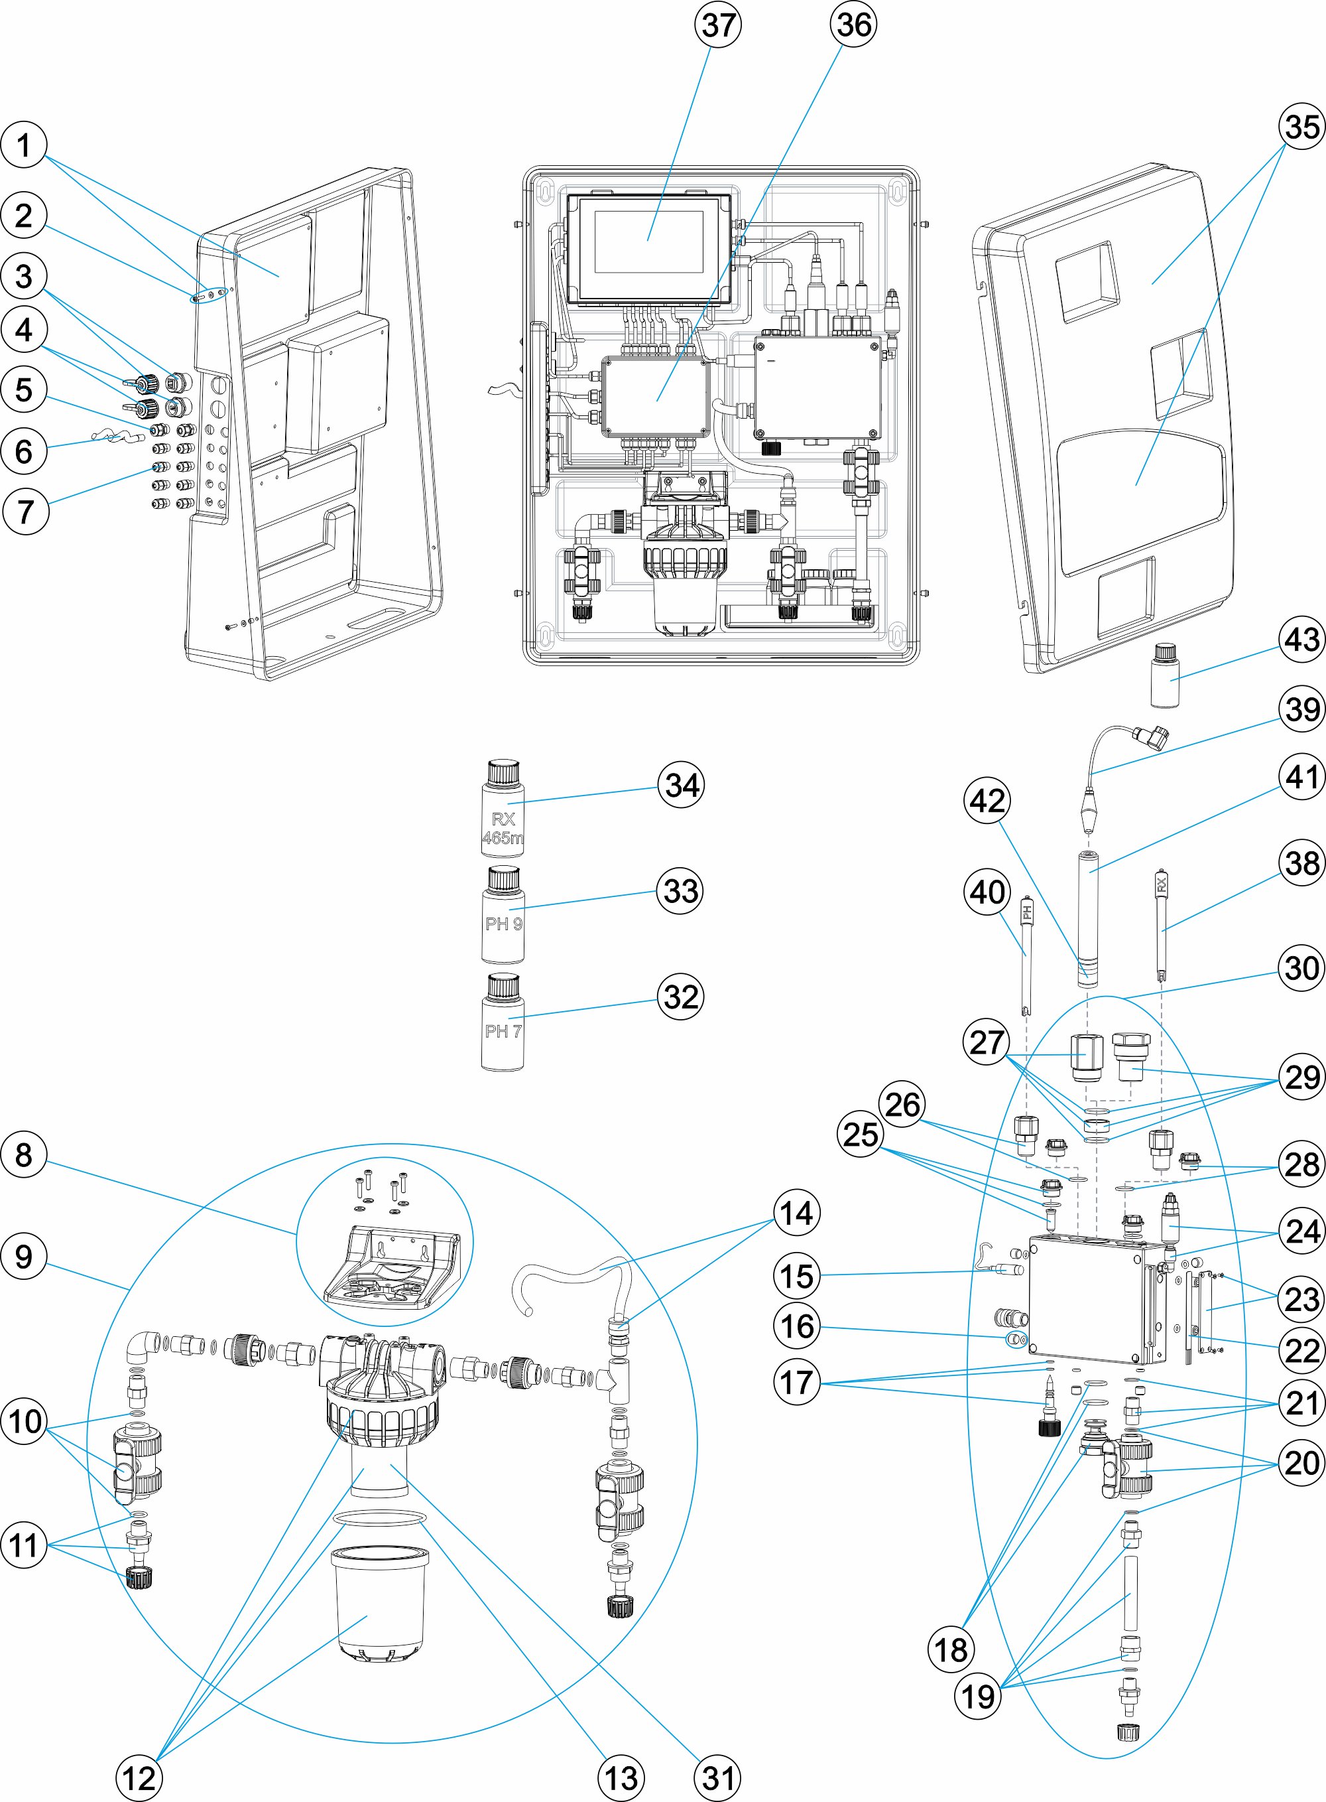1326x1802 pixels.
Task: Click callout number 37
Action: [x=717, y=25]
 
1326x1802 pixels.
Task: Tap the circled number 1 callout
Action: [x=24, y=145]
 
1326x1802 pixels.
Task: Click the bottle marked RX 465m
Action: [x=503, y=809]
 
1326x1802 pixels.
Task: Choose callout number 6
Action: [x=24, y=451]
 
